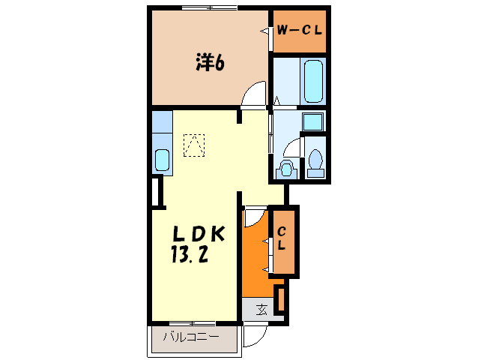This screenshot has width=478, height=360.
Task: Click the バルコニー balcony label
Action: click(191, 337)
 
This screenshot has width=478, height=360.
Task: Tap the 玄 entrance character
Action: click(261, 309)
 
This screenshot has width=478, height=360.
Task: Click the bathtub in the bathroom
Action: click(313, 82)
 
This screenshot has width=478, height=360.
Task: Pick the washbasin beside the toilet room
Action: click(285, 169)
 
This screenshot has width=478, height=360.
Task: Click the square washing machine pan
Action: click(313, 122)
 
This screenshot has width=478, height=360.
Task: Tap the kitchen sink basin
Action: click(162, 160)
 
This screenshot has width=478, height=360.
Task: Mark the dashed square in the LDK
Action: click(194, 145)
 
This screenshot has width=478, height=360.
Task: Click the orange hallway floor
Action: click(255, 255)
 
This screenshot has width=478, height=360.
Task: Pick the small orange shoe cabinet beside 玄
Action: click(279, 298)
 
